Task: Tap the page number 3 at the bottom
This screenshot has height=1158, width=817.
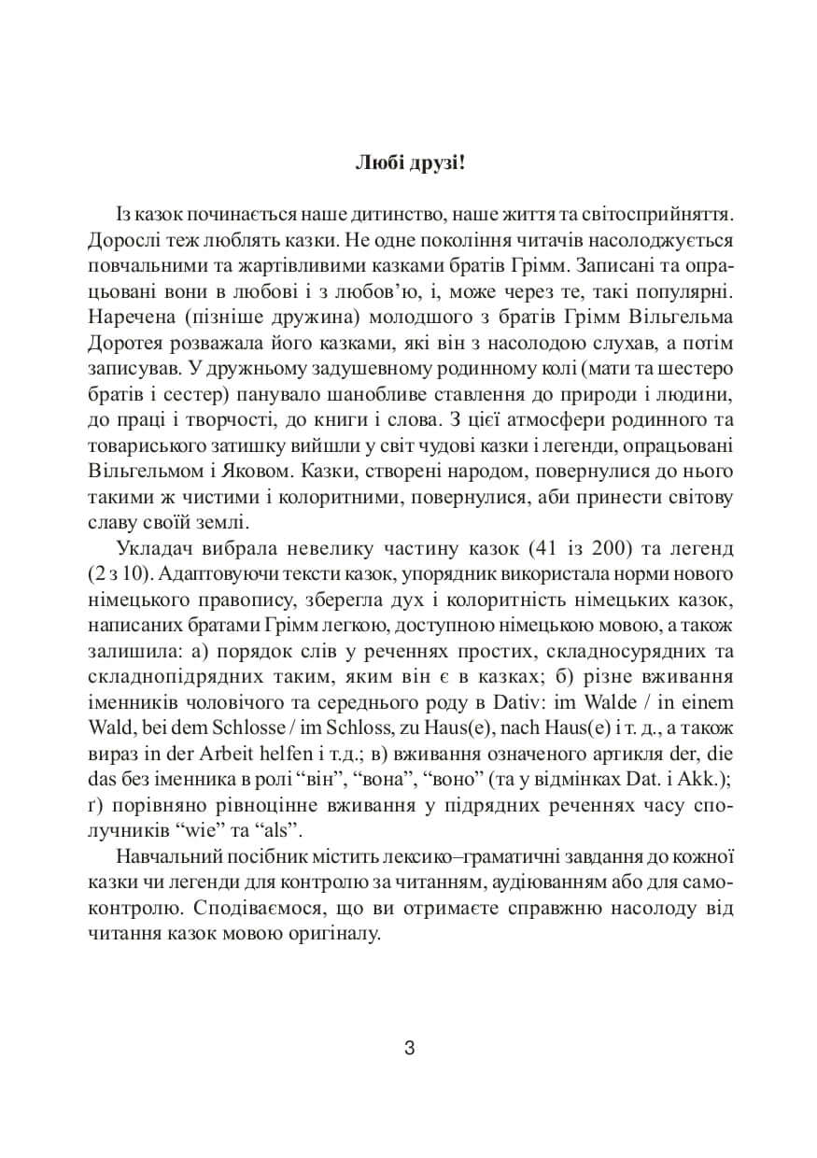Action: pyautogui.click(x=409, y=1047)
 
